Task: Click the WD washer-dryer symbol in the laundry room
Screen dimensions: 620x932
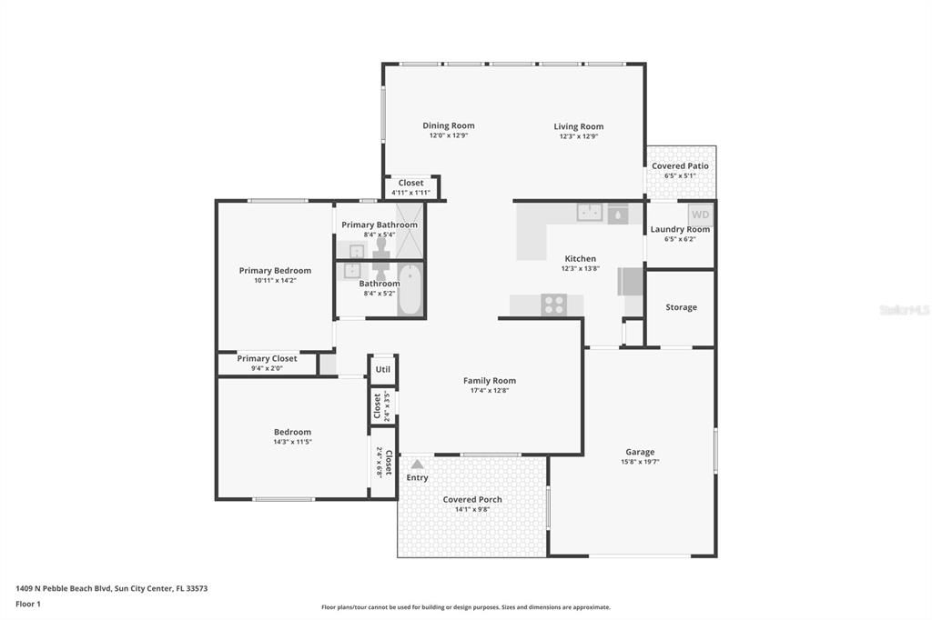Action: click(x=699, y=215)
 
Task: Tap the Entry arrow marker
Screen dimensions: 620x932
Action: click(x=417, y=465)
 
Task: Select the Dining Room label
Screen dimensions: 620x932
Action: click(x=448, y=125)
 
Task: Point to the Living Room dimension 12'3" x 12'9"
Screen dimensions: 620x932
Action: click(x=578, y=136)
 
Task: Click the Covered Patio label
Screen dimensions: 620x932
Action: click(x=680, y=165)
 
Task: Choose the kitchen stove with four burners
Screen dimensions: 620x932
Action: click(x=553, y=305)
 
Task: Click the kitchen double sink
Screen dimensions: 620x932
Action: click(x=589, y=213)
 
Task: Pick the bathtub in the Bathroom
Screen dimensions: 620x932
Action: click(x=410, y=290)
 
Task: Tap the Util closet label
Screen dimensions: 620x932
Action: click(x=382, y=369)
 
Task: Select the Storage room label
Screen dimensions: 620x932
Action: click(x=681, y=307)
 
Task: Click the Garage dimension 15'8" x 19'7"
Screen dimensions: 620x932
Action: click(x=639, y=462)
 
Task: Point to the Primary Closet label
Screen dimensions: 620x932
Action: click(x=267, y=358)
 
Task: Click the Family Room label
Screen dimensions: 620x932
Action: click(x=489, y=381)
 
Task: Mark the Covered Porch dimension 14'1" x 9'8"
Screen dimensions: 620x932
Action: click(x=472, y=509)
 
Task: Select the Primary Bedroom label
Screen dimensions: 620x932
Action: click(x=275, y=270)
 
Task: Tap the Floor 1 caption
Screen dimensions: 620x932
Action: click(x=30, y=604)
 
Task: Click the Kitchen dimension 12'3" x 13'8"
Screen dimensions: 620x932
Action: click(x=580, y=268)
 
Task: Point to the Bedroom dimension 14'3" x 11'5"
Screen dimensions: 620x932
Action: click(x=292, y=442)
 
